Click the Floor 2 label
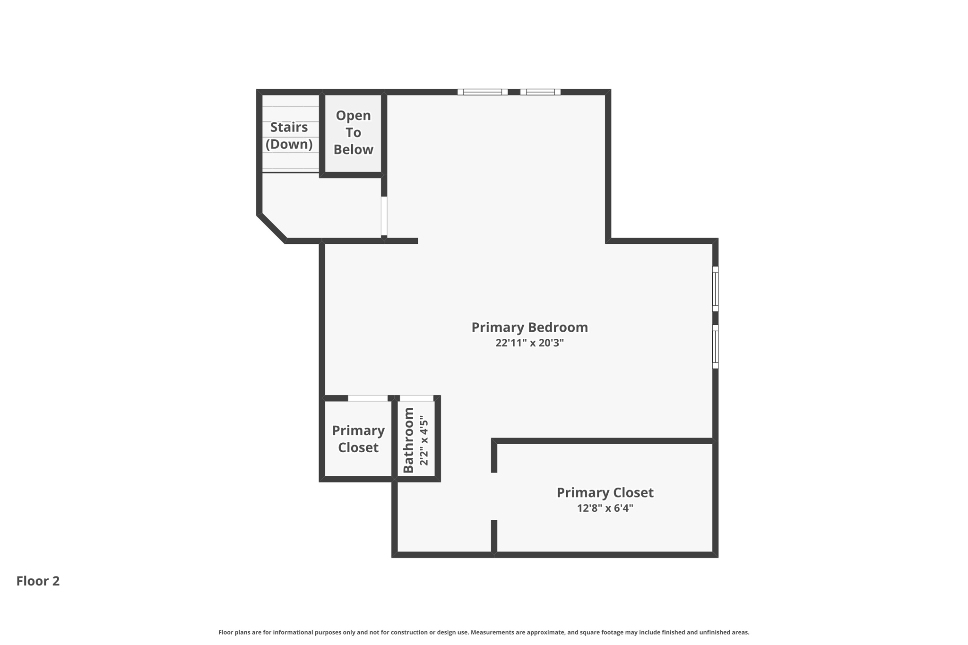pyautogui.click(x=38, y=581)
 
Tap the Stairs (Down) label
pyautogui.click(x=289, y=136)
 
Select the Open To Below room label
pyautogui.click(x=353, y=132)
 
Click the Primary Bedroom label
pyautogui.click(x=529, y=327)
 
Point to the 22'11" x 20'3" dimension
pyautogui.click(x=529, y=343)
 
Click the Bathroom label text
pyautogui.click(x=408, y=440)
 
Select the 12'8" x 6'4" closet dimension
pyautogui.click(x=605, y=508)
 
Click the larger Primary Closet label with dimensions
pyautogui.click(x=605, y=492)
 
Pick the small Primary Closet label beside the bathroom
pyautogui.click(x=358, y=439)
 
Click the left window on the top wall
pyautogui.click(x=482, y=92)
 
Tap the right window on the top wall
pyautogui.click(x=540, y=92)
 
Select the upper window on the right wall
pyautogui.click(x=715, y=289)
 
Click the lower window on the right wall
pyautogui.click(x=715, y=346)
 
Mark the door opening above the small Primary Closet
pyautogui.click(x=368, y=398)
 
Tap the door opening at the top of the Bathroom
pyautogui.click(x=416, y=398)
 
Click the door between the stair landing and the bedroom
pyautogui.click(x=384, y=216)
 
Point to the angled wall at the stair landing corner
pyautogui.click(x=271, y=229)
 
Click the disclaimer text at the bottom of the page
pyautogui.click(x=484, y=632)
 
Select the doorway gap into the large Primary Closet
pyautogui.click(x=494, y=496)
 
